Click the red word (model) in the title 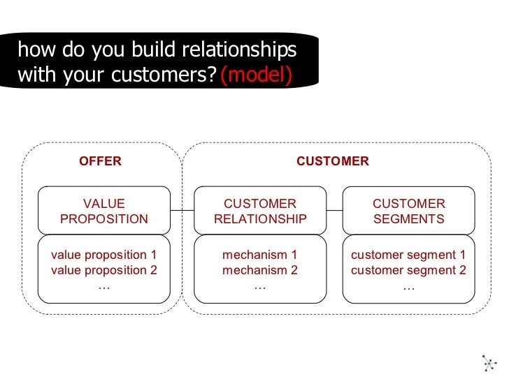255,75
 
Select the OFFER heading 100,161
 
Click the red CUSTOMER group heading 332,161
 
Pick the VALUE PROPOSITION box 104,211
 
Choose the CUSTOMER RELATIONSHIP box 260,211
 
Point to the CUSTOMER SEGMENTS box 408,211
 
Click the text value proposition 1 104,255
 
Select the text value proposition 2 104,270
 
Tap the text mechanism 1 260,255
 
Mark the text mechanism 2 260,270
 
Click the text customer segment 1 408,255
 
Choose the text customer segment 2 408,270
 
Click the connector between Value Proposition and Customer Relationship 182,211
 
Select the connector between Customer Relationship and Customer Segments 334,211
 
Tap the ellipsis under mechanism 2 260,286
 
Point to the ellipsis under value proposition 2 104,286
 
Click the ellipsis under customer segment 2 408,286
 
